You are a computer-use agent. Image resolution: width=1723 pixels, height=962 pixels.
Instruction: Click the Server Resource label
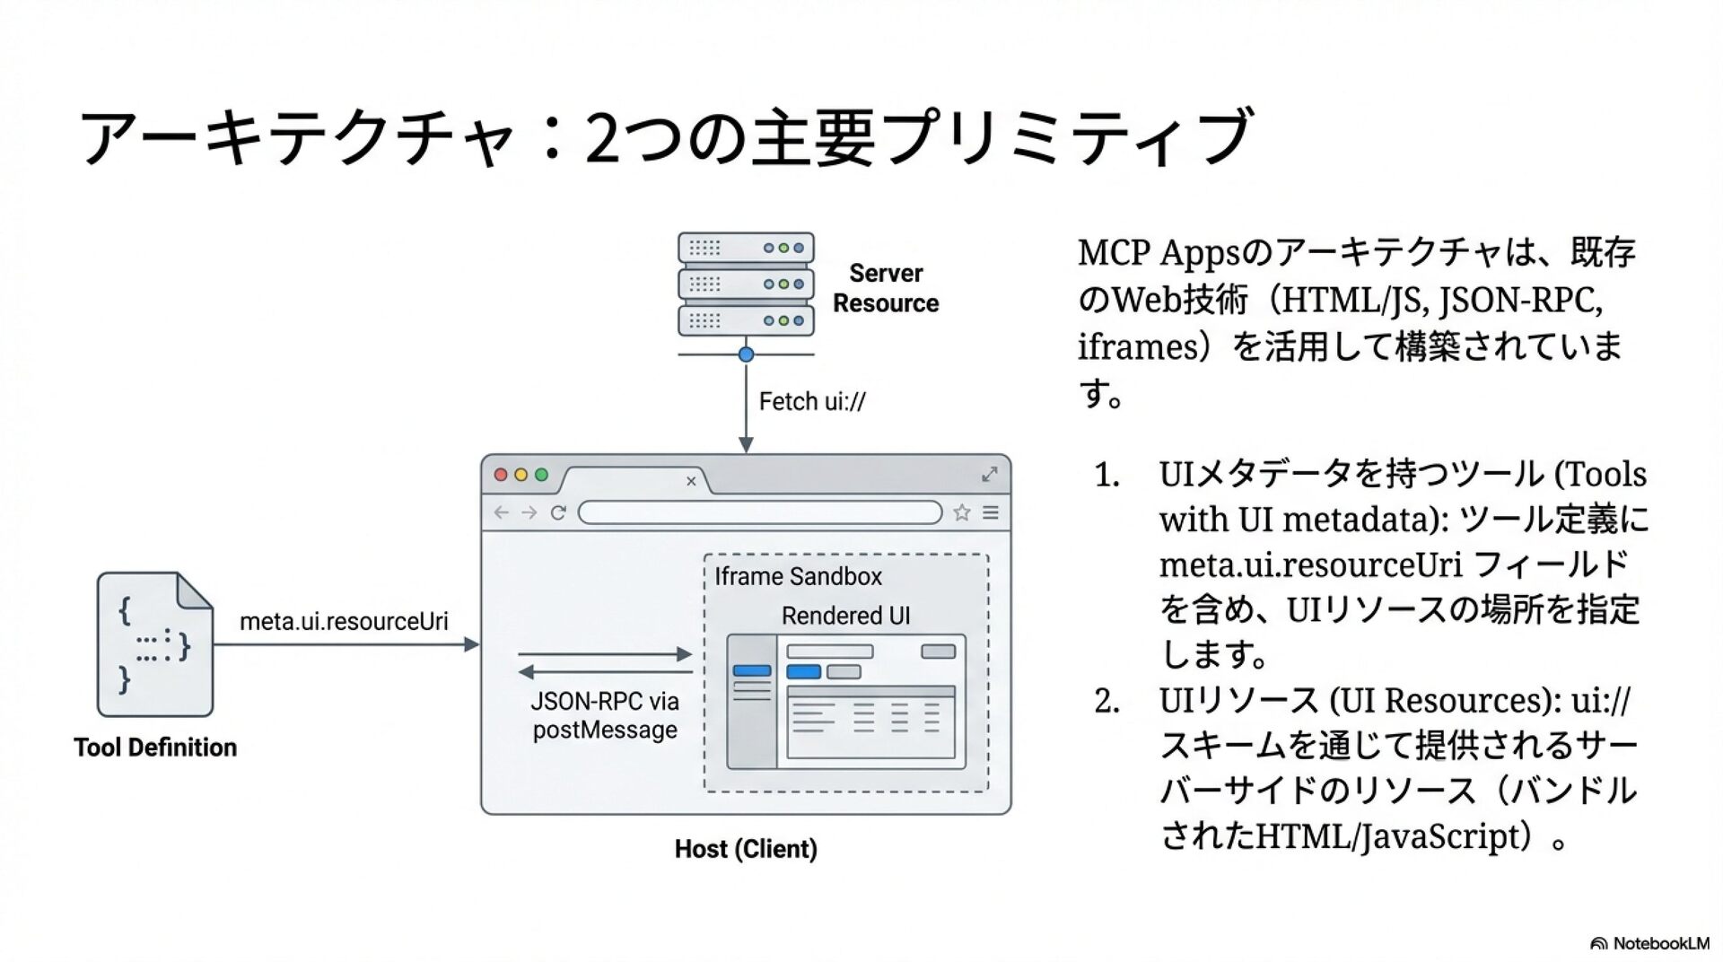tap(885, 288)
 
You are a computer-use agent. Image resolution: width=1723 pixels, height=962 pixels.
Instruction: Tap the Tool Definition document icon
tap(154, 644)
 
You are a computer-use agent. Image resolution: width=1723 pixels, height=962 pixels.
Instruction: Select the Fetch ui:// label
tap(811, 401)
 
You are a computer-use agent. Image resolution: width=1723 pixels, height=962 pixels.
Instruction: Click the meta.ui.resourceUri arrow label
tap(344, 621)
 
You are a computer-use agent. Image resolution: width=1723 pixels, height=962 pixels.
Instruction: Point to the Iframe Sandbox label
tap(798, 576)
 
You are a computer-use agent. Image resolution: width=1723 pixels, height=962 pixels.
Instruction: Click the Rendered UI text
tap(845, 616)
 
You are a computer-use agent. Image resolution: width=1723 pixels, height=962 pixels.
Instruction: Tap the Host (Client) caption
tap(746, 849)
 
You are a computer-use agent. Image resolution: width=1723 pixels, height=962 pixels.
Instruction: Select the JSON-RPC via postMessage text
tap(605, 715)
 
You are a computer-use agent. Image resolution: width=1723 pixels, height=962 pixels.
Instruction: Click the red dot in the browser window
tap(501, 475)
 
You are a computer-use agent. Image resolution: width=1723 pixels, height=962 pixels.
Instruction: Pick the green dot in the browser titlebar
tap(541, 475)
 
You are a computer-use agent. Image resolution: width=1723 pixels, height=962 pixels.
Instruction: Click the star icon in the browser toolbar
tap(961, 512)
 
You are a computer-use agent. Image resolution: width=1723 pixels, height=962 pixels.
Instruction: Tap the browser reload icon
tap(558, 512)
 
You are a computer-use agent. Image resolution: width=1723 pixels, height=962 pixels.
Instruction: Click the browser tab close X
tap(691, 481)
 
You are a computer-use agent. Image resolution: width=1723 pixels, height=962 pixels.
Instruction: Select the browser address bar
tap(759, 512)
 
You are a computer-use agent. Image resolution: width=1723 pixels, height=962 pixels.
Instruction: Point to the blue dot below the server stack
tap(746, 354)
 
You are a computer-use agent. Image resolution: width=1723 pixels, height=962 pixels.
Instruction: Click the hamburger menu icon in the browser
tap(991, 512)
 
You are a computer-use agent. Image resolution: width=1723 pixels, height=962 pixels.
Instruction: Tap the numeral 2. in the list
tap(1106, 701)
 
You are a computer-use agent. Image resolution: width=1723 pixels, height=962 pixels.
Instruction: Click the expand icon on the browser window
tap(990, 474)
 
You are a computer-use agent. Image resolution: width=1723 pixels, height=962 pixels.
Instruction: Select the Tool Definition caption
tap(155, 748)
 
